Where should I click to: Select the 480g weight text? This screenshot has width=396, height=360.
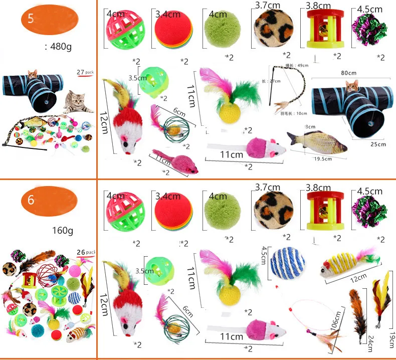tap(59, 48)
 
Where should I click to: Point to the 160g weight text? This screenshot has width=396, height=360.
tap(63, 231)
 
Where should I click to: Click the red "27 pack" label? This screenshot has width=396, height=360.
tap(85, 72)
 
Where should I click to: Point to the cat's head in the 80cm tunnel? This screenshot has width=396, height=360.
tap(353, 86)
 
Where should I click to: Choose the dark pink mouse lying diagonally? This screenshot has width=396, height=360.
tap(175, 160)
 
